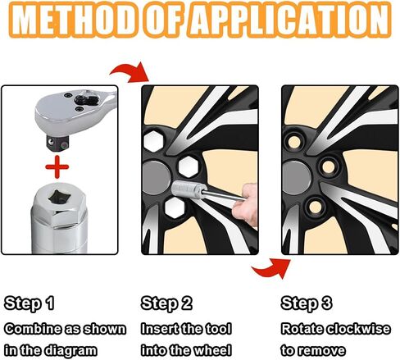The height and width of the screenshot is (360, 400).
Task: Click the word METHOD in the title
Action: [x=74, y=20]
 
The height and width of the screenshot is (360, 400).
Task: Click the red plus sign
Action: [x=57, y=166]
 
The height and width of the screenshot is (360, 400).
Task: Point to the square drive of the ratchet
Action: [x=57, y=143]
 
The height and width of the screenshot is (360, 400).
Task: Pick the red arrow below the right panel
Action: [x=271, y=268]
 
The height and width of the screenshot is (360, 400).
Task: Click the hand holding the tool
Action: [x=245, y=204]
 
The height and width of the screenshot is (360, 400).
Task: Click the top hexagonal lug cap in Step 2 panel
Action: [x=153, y=141]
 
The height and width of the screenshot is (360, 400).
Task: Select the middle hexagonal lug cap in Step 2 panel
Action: [x=189, y=166]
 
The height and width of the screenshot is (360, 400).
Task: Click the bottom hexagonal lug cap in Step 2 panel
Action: [x=175, y=207]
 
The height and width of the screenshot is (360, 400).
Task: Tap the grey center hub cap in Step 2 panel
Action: [x=157, y=178]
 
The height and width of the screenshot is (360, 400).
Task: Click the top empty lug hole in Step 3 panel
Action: [x=294, y=143]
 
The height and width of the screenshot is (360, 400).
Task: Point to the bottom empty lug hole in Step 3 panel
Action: [x=316, y=207]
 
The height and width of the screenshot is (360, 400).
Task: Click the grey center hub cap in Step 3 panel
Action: [x=297, y=178]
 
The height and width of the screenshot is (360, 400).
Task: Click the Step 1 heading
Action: [x=29, y=303]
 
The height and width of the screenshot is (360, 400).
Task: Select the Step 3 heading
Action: [x=307, y=303]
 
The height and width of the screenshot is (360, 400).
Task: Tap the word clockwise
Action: [x=359, y=329]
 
